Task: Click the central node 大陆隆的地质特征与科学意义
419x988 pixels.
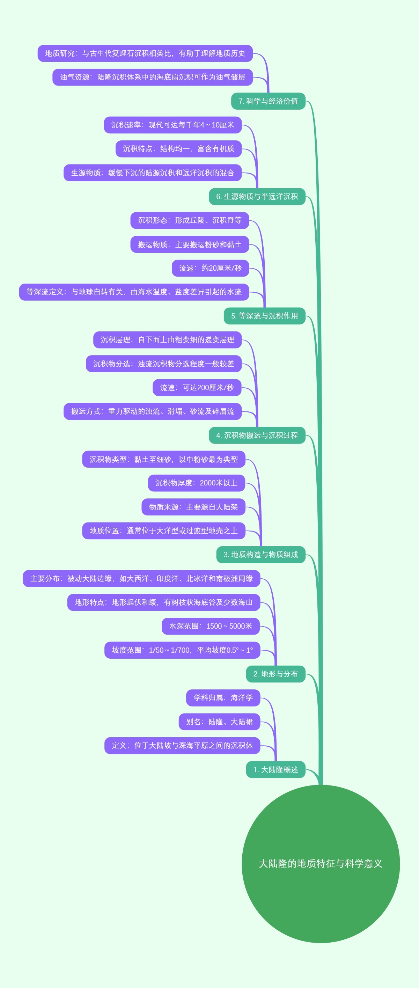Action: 321,863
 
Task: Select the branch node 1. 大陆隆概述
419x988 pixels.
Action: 275,769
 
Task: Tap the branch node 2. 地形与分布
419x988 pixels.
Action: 275,674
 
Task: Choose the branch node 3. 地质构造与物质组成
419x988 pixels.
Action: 261,555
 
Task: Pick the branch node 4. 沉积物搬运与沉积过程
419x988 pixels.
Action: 257,435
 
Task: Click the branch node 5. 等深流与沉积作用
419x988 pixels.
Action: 265,316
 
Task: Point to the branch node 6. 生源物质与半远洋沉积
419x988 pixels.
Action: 257,197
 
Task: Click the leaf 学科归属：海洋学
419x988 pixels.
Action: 223,698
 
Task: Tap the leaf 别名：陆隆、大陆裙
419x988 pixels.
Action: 219,722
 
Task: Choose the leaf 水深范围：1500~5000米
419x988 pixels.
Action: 211,626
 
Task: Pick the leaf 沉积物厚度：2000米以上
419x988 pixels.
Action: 196,483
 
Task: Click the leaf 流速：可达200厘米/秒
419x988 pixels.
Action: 197,387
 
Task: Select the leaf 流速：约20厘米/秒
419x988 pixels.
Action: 210,268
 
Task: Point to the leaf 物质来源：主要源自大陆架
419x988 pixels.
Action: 193,507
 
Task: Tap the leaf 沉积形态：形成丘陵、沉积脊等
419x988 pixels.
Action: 189,220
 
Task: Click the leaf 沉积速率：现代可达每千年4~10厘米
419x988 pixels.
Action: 172,125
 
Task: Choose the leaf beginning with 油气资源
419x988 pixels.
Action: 153,77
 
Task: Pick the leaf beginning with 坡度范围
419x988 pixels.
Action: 182,650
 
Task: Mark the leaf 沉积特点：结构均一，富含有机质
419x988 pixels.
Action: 178,149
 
